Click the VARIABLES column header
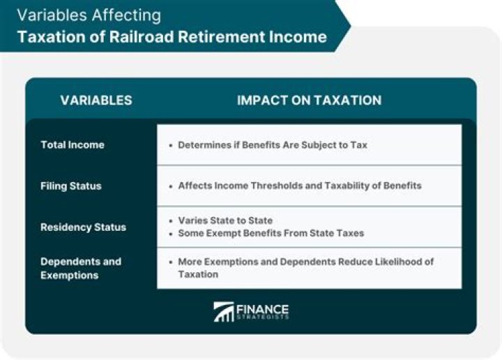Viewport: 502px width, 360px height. coord(96,100)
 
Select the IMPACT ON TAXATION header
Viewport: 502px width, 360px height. coord(309,100)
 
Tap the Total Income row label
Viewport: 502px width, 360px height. coord(72,145)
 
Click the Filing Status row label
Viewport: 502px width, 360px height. coord(70,186)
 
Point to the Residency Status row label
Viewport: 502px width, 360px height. coord(83,227)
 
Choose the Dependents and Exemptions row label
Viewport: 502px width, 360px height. coord(80,269)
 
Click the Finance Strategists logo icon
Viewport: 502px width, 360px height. coord(224,312)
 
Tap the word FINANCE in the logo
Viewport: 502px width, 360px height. coord(262,308)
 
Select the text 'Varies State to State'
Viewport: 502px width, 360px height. coord(225,220)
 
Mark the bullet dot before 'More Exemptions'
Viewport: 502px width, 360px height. coord(171,262)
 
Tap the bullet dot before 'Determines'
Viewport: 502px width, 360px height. coord(171,146)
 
